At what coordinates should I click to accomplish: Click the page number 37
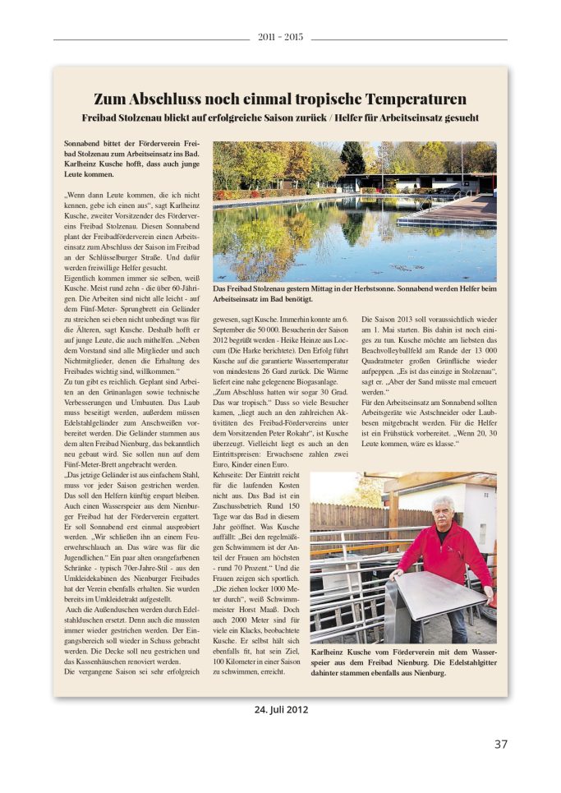click(500, 744)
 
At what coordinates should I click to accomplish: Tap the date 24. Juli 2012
click(281, 709)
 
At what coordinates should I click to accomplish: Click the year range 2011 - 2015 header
click(280, 38)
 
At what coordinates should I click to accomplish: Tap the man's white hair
click(444, 500)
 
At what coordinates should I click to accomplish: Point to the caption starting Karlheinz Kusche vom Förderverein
click(402, 662)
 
